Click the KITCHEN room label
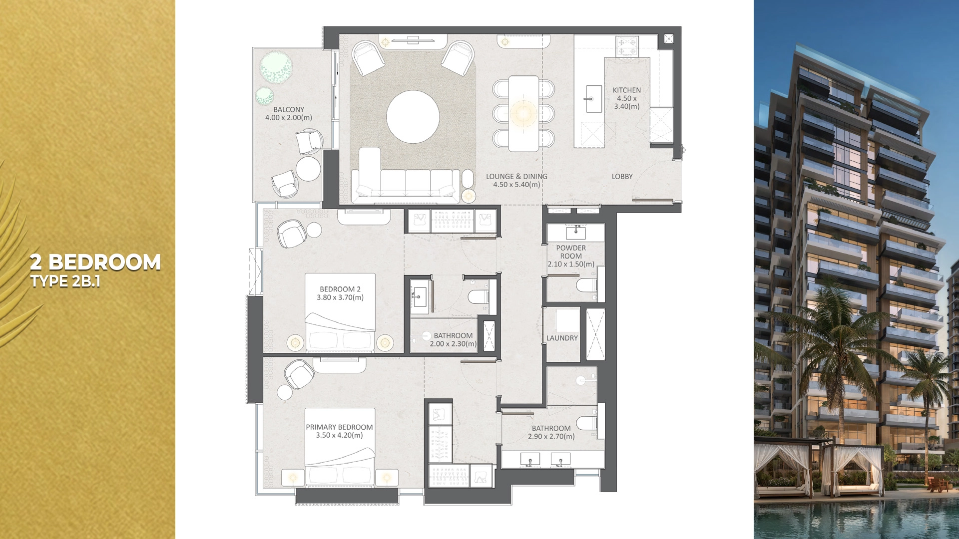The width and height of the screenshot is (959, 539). tap(626, 90)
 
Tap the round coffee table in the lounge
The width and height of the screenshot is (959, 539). tap(413, 117)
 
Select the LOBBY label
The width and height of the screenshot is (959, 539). tap(622, 177)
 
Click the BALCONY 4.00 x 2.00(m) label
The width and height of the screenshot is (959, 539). tap(288, 114)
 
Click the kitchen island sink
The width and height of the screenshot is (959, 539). tap(593, 98)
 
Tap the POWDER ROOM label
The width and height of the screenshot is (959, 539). tap(571, 252)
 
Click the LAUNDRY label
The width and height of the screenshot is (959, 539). tap(562, 338)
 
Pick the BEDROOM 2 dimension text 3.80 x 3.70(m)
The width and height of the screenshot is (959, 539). tap(340, 297)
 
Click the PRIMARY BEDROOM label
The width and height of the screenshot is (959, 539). tap(339, 427)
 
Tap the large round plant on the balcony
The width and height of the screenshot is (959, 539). tap(276, 67)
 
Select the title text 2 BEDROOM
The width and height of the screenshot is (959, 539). tap(95, 263)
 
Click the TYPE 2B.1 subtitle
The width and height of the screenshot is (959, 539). tap(65, 281)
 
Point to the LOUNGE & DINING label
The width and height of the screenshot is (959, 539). tap(516, 177)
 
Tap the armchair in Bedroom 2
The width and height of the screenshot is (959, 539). tap(291, 234)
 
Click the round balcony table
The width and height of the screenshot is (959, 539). tap(308, 169)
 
